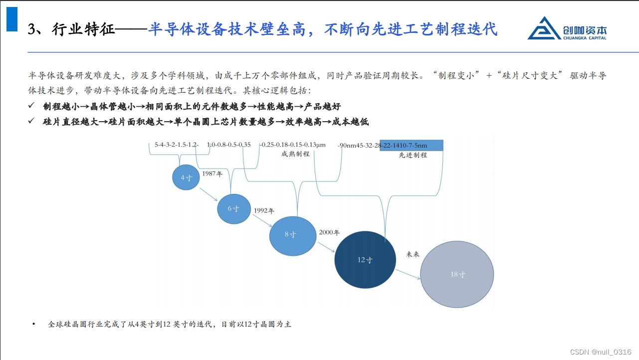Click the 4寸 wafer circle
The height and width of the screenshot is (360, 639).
(x=186, y=177)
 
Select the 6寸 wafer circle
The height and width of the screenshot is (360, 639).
(x=233, y=208)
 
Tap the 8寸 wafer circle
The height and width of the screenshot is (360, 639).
(x=292, y=234)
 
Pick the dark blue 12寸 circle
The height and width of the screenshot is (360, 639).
(x=365, y=260)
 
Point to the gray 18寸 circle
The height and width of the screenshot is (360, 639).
(x=457, y=274)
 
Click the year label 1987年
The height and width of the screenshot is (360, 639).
(x=212, y=174)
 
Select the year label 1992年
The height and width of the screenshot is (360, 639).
(x=264, y=211)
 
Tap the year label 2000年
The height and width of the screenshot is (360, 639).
(x=329, y=232)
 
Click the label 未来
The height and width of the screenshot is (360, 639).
(x=413, y=254)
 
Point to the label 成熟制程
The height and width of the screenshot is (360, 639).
(x=295, y=154)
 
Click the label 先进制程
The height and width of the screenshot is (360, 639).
(x=413, y=155)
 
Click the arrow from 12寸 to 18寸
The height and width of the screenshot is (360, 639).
(x=408, y=275)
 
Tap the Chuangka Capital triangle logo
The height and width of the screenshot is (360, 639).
(x=544, y=28)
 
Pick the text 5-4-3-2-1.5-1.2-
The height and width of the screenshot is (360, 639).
(x=177, y=145)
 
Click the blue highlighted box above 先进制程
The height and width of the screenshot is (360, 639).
(x=411, y=145)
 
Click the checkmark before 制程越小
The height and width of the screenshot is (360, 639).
(x=31, y=106)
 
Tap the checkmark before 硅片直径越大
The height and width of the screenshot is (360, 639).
(x=31, y=121)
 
